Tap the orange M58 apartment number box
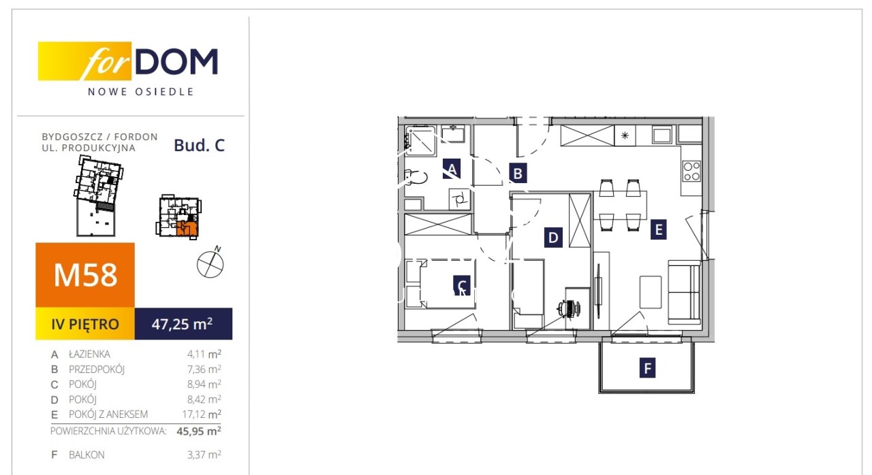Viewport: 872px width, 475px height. (x=85, y=275)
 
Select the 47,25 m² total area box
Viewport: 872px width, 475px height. (x=183, y=323)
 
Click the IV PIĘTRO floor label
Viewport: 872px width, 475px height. (x=85, y=324)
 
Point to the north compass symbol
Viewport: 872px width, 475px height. (x=211, y=263)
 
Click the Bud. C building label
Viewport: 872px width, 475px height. (x=199, y=146)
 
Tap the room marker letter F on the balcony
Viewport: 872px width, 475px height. (x=647, y=367)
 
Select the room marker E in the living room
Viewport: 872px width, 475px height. (x=658, y=229)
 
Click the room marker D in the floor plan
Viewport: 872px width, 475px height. (x=552, y=237)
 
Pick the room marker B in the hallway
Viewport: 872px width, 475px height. (x=518, y=174)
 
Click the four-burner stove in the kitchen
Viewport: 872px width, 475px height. (x=691, y=171)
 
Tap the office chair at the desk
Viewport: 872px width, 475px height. (x=570, y=309)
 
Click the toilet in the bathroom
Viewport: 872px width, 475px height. (x=416, y=178)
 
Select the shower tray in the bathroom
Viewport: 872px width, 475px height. (x=420, y=141)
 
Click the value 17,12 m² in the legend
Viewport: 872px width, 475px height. (x=202, y=414)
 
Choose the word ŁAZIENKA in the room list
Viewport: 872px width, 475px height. (x=89, y=354)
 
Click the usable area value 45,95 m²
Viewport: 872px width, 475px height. (x=199, y=431)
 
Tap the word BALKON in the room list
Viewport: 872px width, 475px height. (x=87, y=455)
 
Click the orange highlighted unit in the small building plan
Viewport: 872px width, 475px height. (x=187, y=229)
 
